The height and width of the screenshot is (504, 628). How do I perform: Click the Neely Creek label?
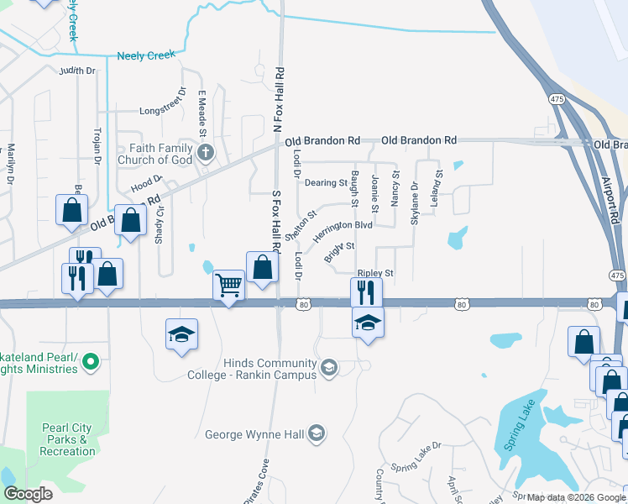pyautogui.click(x=146, y=55)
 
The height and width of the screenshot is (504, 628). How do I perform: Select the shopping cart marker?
pyautogui.click(x=229, y=286)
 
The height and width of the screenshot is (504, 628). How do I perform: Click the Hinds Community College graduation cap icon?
pyautogui.click(x=329, y=367)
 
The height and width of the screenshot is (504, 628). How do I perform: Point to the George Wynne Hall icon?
pyautogui.click(x=317, y=433)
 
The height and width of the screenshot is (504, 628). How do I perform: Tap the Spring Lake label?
pyautogui.click(x=519, y=430)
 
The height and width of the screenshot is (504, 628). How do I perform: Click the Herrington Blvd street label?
pyautogui.click(x=342, y=231)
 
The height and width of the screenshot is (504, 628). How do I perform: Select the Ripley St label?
pyautogui.click(x=374, y=274)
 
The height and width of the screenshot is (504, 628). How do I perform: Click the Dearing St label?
pyautogui.click(x=326, y=182)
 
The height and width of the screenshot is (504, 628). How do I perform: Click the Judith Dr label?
pyautogui.click(x=77, y=71)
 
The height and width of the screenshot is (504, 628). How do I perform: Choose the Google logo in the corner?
pyautogui.click(x=27, y=494)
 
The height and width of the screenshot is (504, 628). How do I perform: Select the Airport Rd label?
pyautogui.click(x=611, y=197)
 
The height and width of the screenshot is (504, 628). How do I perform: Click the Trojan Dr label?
pyautogui.click(x=97, y=144)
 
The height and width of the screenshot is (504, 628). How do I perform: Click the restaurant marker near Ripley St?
pyautogui.click(x=366, y=291)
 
